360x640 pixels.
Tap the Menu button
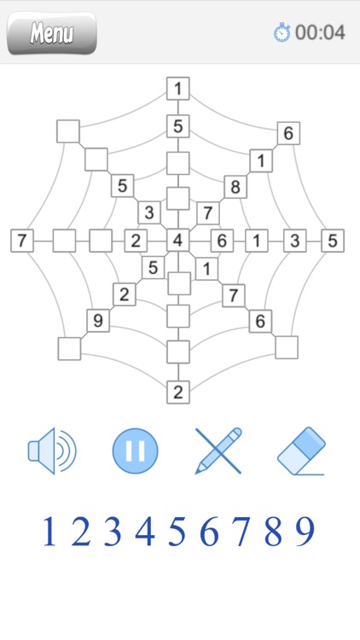tap(51, 33)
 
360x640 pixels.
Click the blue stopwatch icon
tap(282, 33)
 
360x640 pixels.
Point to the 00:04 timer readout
tap(321, 33)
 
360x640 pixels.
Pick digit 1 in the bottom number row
tap(49, 532)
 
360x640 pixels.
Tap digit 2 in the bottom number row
tap(80, 532)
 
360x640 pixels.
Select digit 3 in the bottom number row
tap(113, 532)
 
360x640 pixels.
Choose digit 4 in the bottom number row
tap(145, 532)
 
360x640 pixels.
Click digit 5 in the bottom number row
tap(177, 532)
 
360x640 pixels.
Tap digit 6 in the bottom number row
tap(209, 532)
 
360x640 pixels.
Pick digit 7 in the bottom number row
tap(241, 532)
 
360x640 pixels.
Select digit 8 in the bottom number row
tap(273, 532)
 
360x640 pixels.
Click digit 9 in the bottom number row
tap(305, 532)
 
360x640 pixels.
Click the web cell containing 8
tap(234, 186)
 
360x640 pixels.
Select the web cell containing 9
tap(97, 321)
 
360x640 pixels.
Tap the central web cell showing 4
tap(177, 241)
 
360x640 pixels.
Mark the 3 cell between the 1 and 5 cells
tap(295, 241)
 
